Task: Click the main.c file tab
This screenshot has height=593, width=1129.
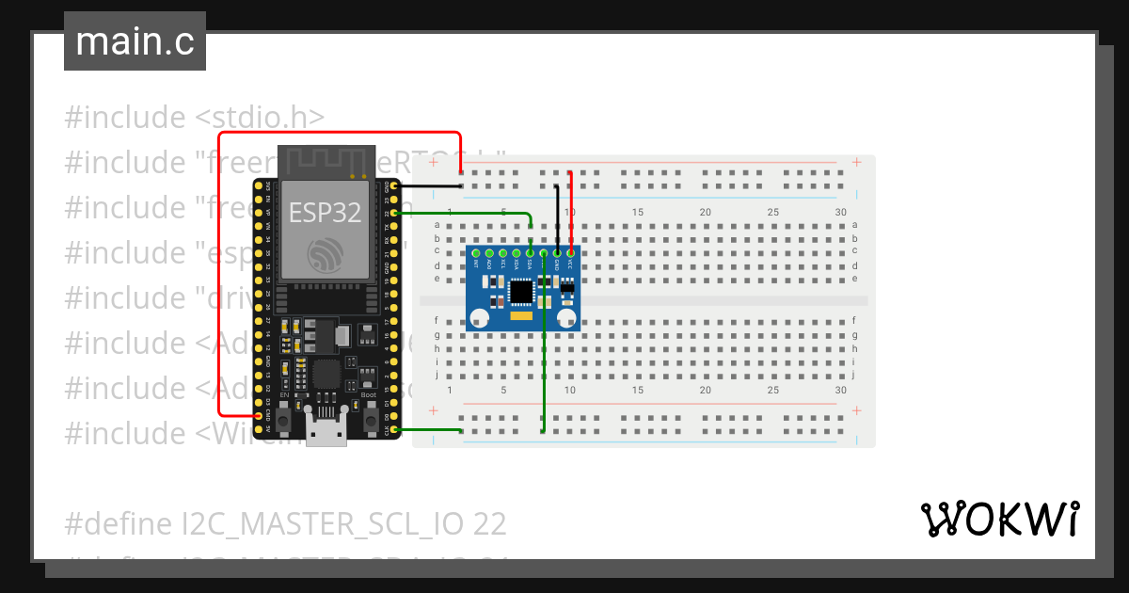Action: (135, 42)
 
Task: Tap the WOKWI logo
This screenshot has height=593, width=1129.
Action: (999, 519)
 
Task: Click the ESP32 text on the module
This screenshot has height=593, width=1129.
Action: (325, 212)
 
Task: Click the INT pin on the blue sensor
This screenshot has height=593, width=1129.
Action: (476, 252)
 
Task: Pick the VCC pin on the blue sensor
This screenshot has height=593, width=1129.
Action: (570, 252)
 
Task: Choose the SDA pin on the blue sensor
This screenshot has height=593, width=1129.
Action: (531, 252)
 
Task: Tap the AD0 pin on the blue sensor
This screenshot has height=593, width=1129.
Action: (489, 252)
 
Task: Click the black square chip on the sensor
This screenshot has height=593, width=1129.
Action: (520, 293)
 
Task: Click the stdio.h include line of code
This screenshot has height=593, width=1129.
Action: (195, 118)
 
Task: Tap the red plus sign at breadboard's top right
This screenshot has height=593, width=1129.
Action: (856, 162)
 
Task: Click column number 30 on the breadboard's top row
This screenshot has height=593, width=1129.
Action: (839, 212)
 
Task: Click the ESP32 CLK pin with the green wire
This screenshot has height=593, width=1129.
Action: (395, 430)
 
